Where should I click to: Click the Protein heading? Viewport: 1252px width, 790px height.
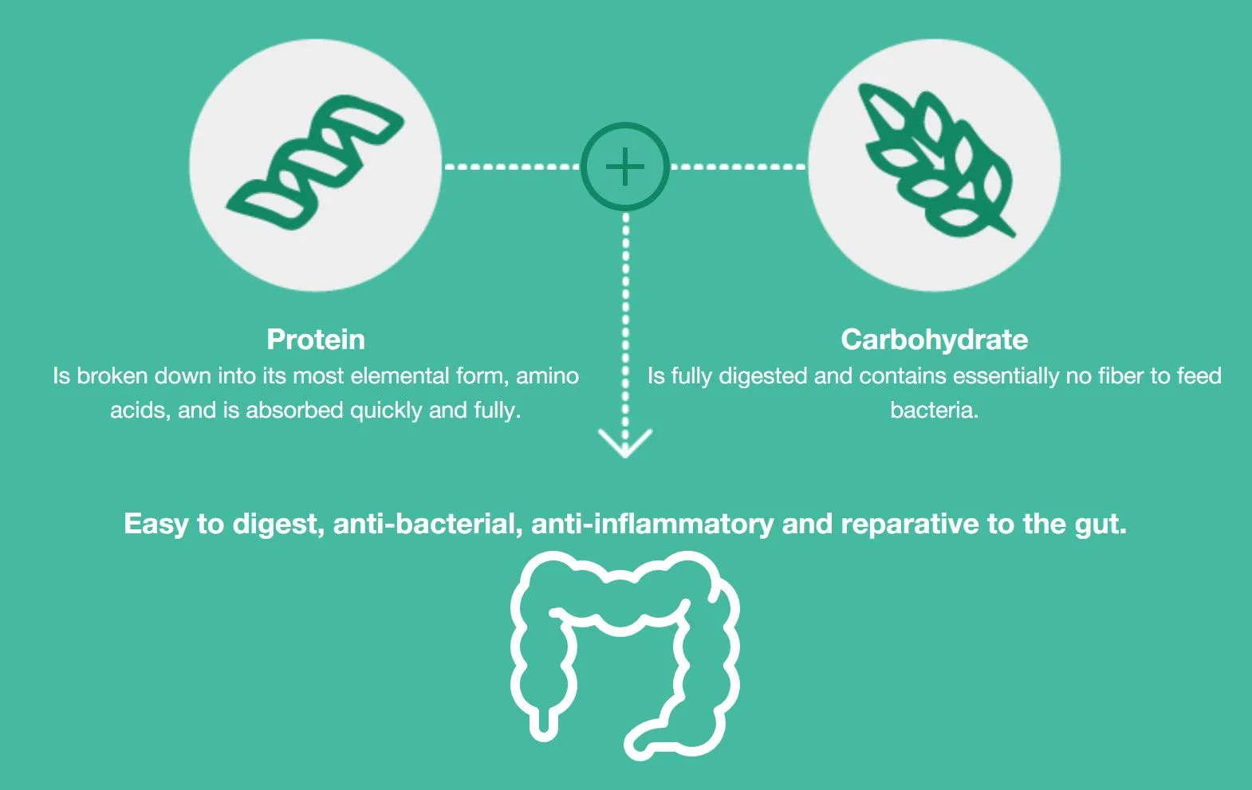pyautogui.click(x=316, y=340)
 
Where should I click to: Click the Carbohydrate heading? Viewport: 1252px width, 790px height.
pyautogui.click(x=935, y=340)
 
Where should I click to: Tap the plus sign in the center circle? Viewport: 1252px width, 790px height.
pyautogui.click(x=625, y=167)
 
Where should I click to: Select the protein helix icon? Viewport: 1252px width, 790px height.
pyautogui.click(x=315, y=162)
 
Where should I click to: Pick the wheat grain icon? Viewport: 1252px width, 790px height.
pyautogui.click(x=937, y=159)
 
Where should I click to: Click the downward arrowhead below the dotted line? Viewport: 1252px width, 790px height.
pyautogui.click(x=625, y=443)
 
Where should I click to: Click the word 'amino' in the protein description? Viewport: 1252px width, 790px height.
pyautogui.click(x=547, y=376)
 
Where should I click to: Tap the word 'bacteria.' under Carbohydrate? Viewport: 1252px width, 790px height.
pyautogui.click(x=934, y=410)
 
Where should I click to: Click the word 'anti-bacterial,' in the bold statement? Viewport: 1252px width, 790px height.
pyautogui.click(x=427, y=524)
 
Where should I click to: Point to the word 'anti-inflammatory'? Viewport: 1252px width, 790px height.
pyautogui.click(x=652, y=524)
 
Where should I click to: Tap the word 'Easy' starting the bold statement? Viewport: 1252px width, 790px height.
pyautogui.click(x=156, y=524)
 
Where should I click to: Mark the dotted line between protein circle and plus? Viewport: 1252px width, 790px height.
pyautogui.click(x=512, y=167)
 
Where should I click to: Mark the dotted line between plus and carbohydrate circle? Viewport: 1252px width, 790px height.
pyautogui.click(x=738, y=167)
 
